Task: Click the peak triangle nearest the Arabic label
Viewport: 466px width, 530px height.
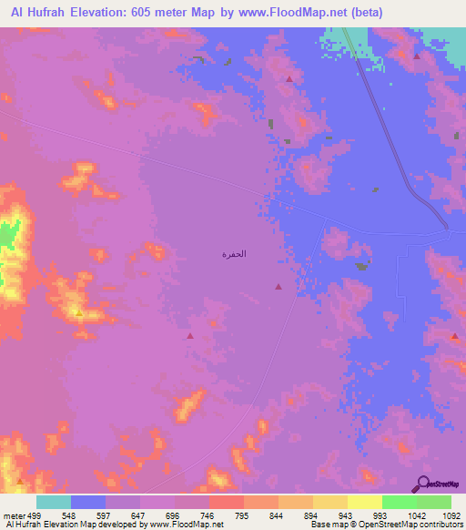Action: (x=278, y=287)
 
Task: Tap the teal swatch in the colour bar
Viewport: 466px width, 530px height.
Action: (x=54, y=502)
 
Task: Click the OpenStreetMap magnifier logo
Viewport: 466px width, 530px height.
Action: (x=422, y=484)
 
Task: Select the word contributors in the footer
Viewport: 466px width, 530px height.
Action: (x=441, y=525)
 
